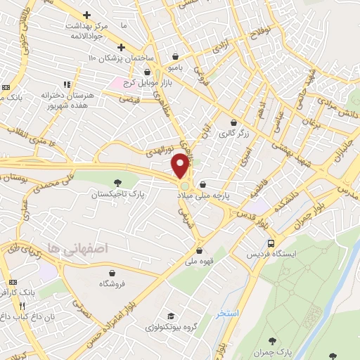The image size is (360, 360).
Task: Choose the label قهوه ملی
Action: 198,259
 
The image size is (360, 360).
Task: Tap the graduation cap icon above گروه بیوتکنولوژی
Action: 169,316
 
